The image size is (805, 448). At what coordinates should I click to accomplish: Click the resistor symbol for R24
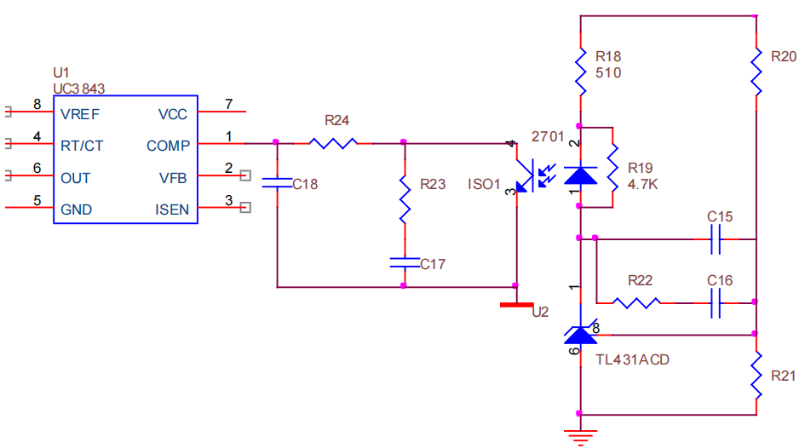(333, 143)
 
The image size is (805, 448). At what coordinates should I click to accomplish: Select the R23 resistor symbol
(405, 199)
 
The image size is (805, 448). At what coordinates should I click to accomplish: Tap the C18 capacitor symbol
(277, 182)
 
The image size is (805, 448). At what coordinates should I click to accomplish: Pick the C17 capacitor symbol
(405, 262)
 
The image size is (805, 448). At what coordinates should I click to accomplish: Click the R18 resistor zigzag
(581, 72)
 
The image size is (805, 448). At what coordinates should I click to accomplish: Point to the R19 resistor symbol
(612, 168)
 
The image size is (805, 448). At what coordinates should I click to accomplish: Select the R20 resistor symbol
(756, 72)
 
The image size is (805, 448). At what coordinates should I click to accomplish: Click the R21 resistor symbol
(756, 375)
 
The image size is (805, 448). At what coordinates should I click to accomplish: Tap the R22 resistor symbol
(636, 302)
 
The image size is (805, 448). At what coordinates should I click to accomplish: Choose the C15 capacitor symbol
(716, 239)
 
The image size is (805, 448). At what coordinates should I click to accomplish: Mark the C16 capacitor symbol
(716, 302)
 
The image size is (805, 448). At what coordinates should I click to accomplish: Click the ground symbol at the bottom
(581, 438)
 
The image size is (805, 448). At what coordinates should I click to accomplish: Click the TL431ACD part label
(632, 359)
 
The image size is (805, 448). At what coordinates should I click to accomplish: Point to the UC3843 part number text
(79, 89)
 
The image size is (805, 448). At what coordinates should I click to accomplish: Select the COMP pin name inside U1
(169, 146)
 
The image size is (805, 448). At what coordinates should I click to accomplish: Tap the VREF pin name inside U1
(80, 114)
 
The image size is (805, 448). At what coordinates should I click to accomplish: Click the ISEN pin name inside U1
(172, 210)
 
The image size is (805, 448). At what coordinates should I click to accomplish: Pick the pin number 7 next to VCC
(229, 104)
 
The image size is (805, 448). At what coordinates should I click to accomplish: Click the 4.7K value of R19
(642, 184)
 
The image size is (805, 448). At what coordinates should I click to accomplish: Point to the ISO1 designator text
(484, 184)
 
